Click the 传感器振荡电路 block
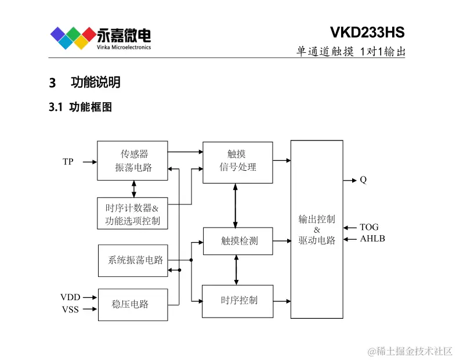coord(132,160)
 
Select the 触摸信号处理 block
coord(237,161)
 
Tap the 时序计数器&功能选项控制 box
coord(132,214)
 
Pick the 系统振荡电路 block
coord(133,260)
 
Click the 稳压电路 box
coord(132,304)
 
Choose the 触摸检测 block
coord(237,241)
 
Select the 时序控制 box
coord(237,301)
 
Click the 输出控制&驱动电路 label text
coord(317,230)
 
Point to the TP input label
coord(68,162)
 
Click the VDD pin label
coord(70,297)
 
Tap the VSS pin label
coord(70,309)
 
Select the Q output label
coord(363,180)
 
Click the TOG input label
coord(369,227)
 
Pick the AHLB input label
coord(372,239)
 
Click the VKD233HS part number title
coord(367,31)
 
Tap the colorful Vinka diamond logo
coord(72,38)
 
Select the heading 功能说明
coord(95,82)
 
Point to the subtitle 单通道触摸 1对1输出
coord(350,51)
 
